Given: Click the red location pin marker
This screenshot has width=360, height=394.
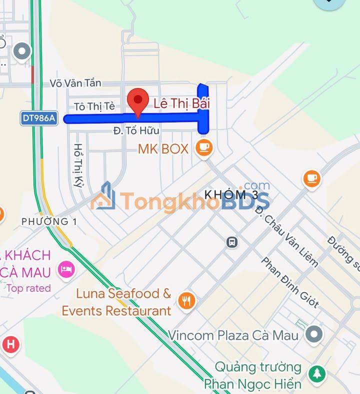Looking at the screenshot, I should click(138, 101).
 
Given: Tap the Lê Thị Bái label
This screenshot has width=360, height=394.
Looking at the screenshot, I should click(181, 103).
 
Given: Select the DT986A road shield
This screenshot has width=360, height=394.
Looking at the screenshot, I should click(39, 118).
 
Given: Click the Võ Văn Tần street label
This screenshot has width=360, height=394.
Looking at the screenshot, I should click(75, 83).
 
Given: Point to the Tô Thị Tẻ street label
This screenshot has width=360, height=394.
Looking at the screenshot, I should click(94, 106).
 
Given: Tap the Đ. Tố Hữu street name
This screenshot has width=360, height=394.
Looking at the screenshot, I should click(136, 130).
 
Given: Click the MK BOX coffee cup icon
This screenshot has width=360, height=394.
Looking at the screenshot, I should click(204, 148).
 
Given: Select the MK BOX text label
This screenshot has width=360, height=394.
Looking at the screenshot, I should click(163, 148).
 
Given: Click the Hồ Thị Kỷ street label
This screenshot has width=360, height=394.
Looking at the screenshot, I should click(78, 165).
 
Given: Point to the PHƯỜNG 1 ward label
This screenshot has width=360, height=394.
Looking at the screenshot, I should click(49, 221).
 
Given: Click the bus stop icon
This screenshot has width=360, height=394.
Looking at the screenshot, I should click(231, 242).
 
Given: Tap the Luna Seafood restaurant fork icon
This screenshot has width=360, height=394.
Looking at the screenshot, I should click(186, 300).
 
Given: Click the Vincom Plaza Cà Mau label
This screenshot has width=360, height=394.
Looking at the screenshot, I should click(233, 334).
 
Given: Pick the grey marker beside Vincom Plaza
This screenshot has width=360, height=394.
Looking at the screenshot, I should click(314, 333).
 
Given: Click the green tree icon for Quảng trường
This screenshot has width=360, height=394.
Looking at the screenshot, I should click(316, 374).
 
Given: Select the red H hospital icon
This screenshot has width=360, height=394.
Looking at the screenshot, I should click(10, 344).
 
